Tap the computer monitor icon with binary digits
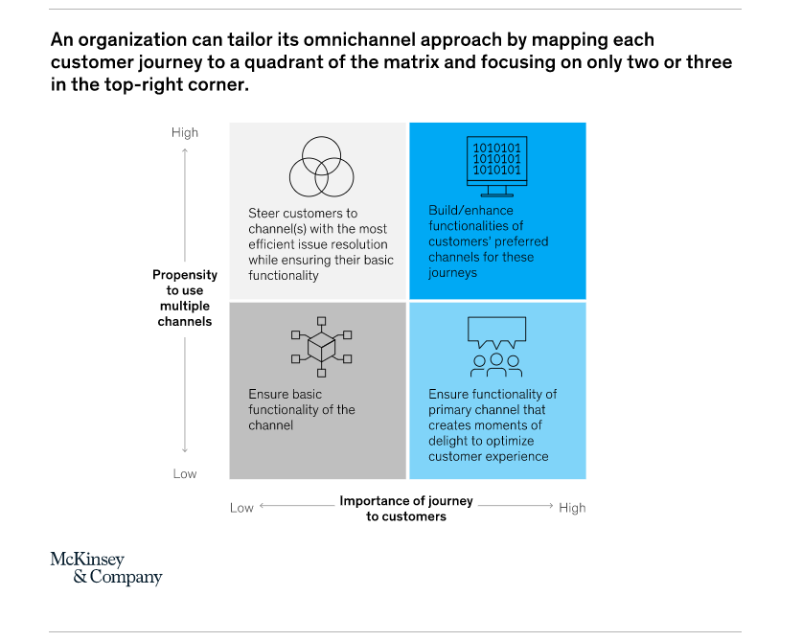pos(496,167)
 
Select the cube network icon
pos(321,347)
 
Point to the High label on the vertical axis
pos(185,132)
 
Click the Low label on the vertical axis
pos(185,473)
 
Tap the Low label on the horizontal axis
pos(241,508)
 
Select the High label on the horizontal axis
pos(572,508)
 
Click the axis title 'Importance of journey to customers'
pos(406,509)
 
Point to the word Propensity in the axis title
pos(185,275)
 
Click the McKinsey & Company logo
pos(106,568)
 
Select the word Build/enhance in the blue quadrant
pos(470,210)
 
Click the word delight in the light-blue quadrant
pos(447,441)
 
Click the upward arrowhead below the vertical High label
pos(185,150)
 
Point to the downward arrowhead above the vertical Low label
pos(185,450)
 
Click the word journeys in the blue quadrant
pos(452,273)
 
